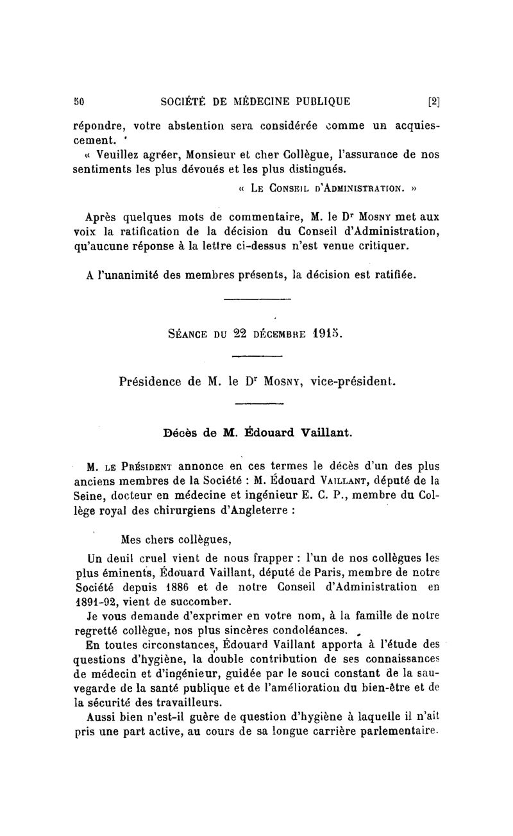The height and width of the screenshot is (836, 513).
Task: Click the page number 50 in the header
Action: [x=80, y=101]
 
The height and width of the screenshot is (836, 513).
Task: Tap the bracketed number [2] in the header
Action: [x=434, y=101]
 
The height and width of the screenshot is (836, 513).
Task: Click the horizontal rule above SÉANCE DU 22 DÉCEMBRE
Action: [x=256, y=301]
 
